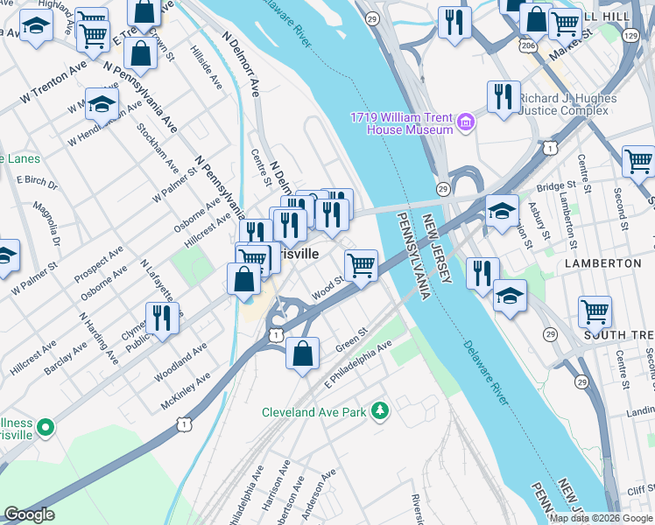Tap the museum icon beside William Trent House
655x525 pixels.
466,123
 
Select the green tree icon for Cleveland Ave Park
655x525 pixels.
380,410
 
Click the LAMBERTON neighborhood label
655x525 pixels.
603,262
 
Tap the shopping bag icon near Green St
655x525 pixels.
302,353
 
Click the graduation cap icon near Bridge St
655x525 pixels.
502,211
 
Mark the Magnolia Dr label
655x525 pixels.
43,223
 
